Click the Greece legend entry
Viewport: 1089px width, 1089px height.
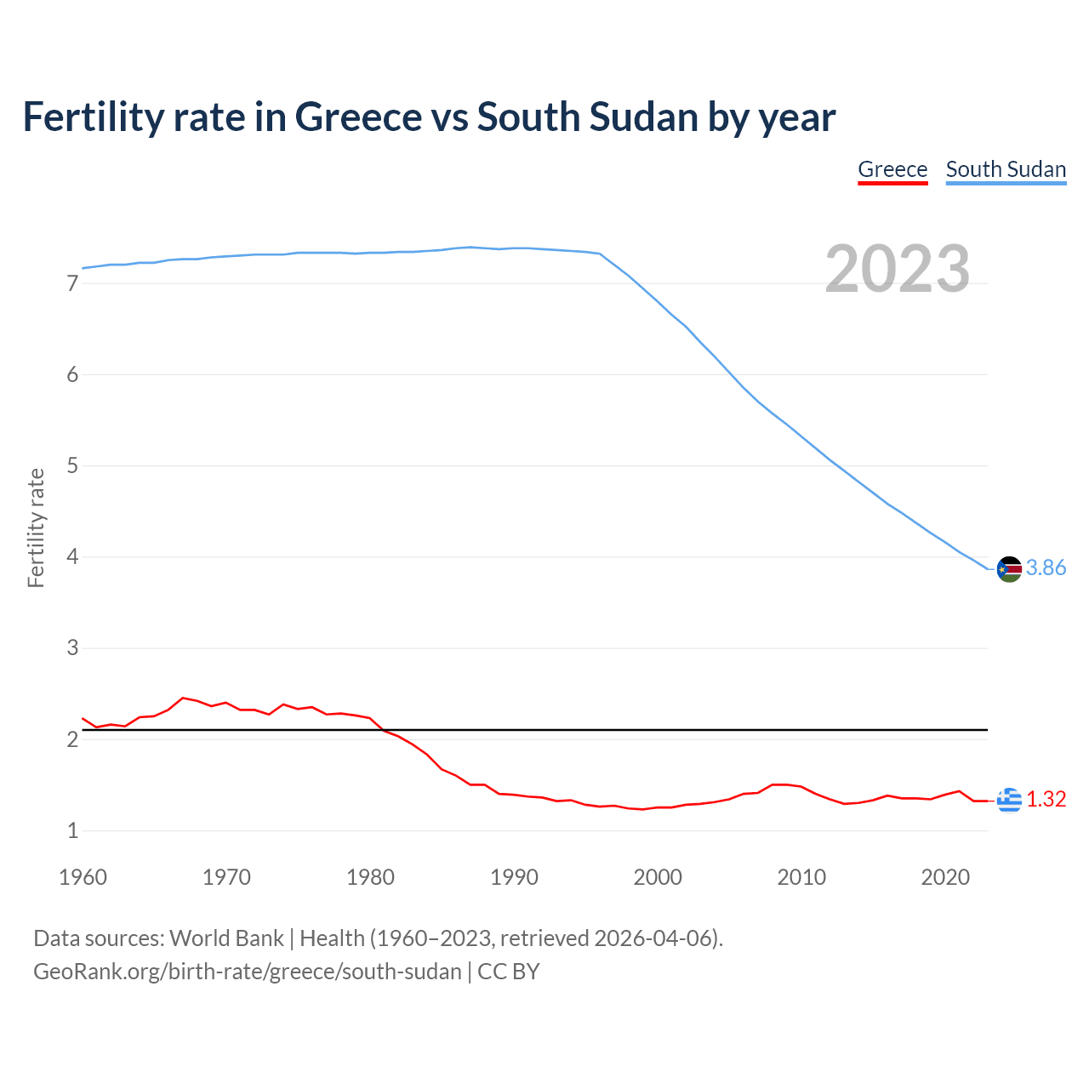click(892, 169)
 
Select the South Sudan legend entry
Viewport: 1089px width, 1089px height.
click(1006, 169)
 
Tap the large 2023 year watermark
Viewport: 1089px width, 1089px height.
click(898, 269)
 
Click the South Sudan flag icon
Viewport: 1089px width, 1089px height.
click(1009, 568)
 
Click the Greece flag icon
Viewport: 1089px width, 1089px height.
click(1009, 800)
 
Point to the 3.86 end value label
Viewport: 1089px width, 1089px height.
click(1046, 568)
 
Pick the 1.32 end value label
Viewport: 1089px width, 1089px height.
click(1046, 800)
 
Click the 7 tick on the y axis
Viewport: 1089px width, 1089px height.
click(72, 283)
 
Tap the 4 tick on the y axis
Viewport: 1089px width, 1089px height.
click(72, 557)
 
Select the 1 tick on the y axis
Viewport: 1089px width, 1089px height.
click(72, 831)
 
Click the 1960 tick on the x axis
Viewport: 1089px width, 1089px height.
click(83, 877)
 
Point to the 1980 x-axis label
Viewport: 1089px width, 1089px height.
click(370, 877)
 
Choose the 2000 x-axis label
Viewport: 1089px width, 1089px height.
click(658, 877)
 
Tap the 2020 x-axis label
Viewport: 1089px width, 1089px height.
click(945, 877)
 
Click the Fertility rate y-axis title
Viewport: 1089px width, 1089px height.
click(36, 527)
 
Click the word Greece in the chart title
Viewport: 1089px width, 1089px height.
click(358, 117)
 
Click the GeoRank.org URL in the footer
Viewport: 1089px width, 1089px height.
click(247, 972)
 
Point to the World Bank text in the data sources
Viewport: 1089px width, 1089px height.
click(226, 938)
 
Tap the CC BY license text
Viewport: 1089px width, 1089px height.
click(509, 972)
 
